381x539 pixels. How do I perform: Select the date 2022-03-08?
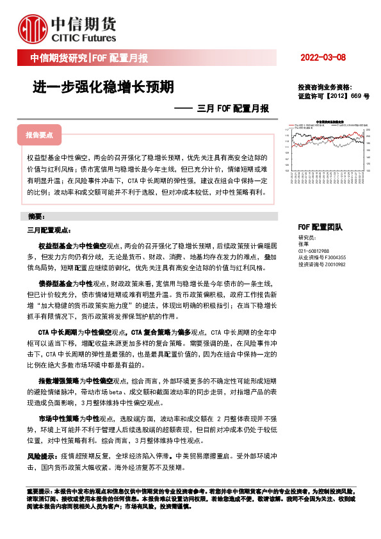click(x=323, y=58)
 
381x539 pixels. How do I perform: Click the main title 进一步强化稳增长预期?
click(x=102, y=86)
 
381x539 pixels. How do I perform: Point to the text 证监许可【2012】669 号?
click(x=334, y=95)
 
